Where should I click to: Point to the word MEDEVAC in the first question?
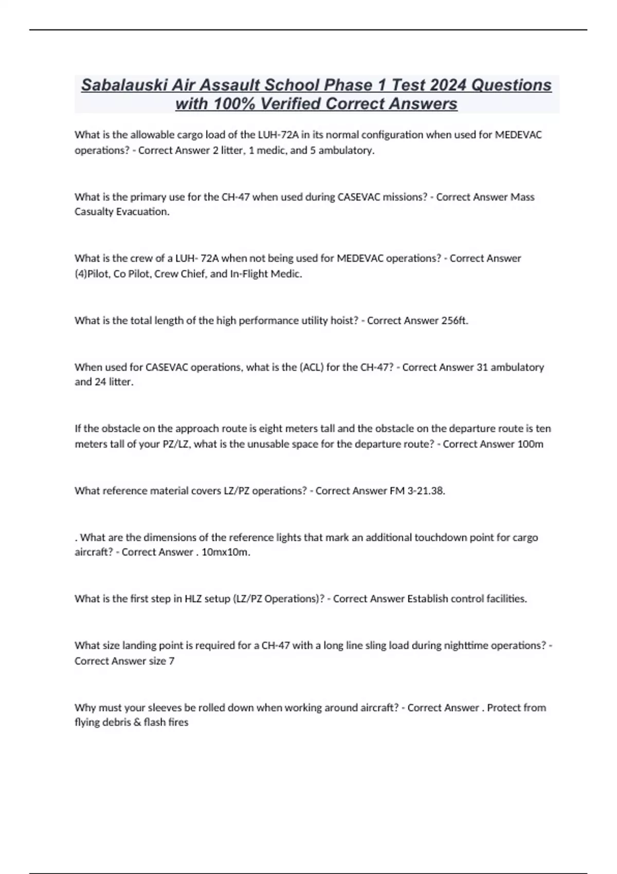pyautogui.click(x=518, y=135)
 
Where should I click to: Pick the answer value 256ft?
pyautogui.click(x=455, y=321)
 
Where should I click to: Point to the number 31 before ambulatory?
pyautogui.click(x=482, y=367)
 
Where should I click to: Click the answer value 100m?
pyautogui.click(x=530, y=444)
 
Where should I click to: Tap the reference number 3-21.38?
pyautogui.click(x=426, y=491)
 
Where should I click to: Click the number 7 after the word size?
pyautogui.click(x=172, y=661)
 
